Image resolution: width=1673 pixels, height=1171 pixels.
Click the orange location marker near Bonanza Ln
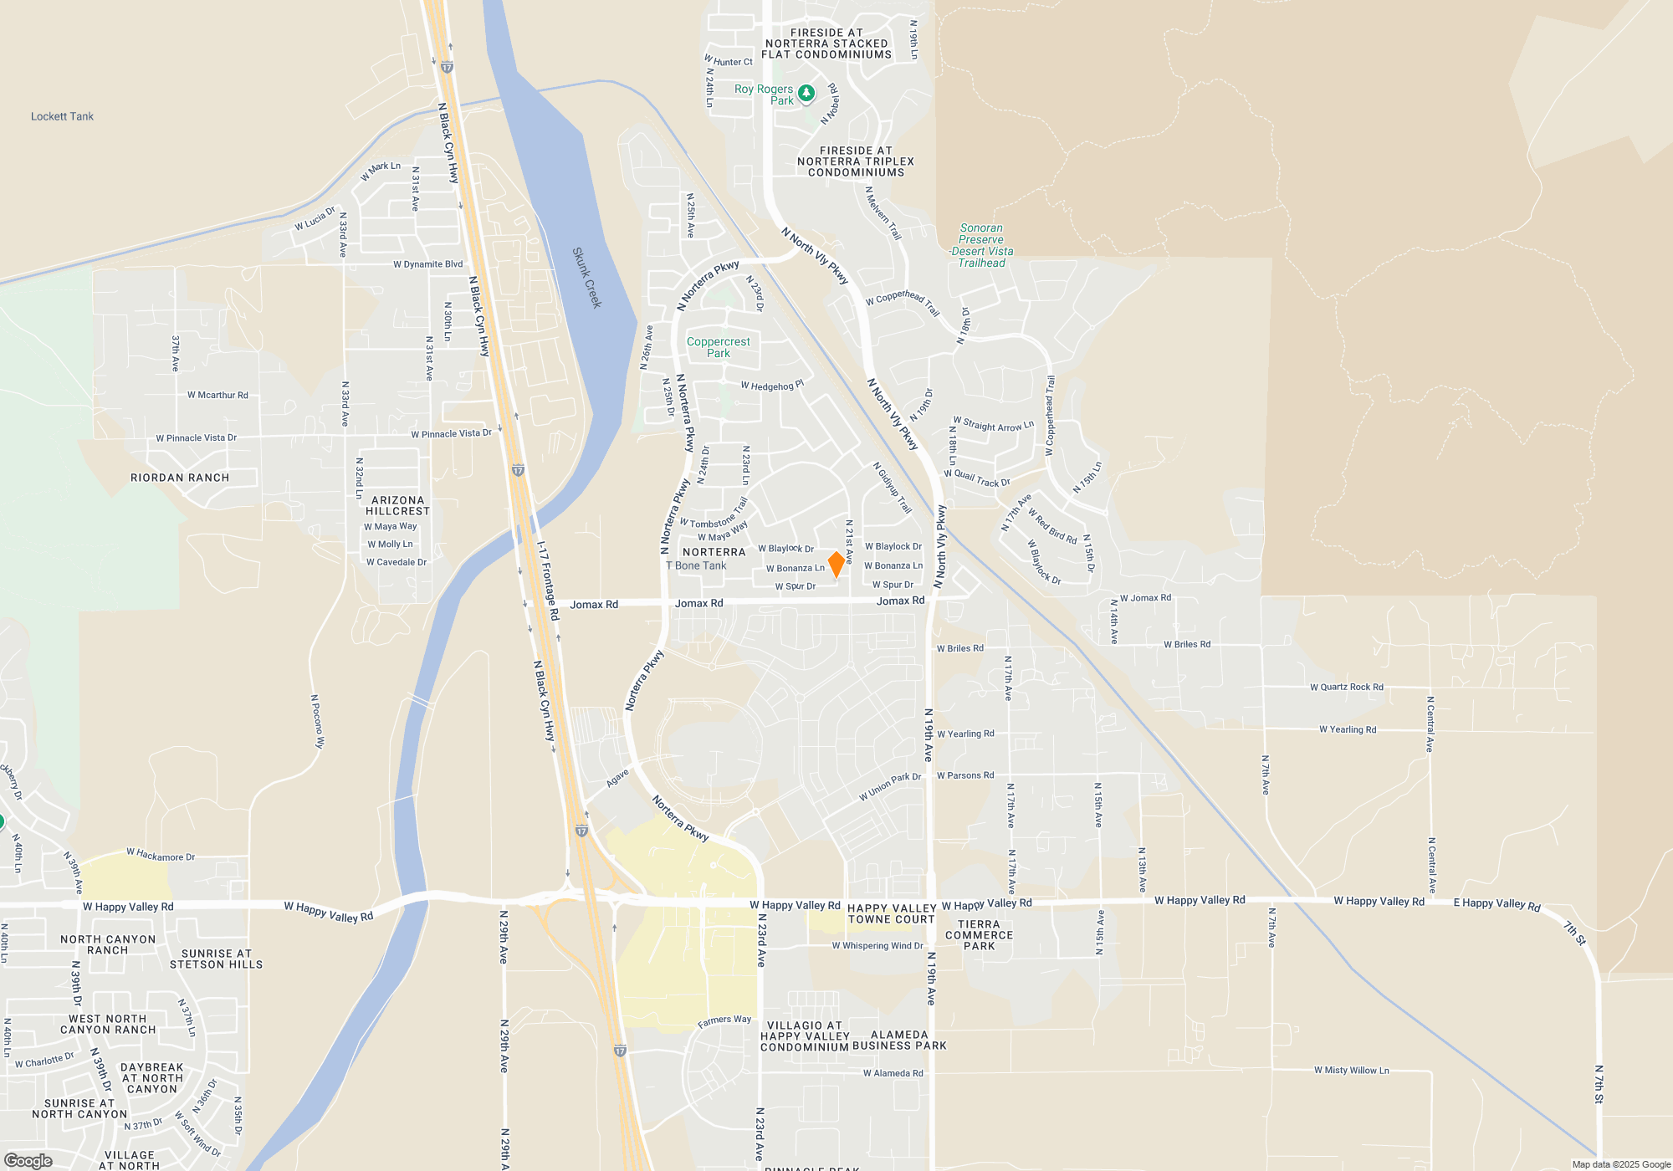836,564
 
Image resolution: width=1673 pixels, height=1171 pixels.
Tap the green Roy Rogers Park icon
806,93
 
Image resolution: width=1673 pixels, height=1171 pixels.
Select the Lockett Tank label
62,116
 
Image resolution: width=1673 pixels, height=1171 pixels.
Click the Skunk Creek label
587,277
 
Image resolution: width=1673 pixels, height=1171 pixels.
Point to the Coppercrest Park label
719,347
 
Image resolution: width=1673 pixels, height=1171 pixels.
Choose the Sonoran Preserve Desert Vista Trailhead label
981,245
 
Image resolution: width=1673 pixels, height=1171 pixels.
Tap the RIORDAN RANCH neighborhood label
180,478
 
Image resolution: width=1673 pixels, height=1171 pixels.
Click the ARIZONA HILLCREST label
397,505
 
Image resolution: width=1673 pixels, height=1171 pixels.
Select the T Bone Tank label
696,565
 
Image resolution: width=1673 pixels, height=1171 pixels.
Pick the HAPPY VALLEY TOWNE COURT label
892,913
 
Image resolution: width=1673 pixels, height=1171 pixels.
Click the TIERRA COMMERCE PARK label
979,935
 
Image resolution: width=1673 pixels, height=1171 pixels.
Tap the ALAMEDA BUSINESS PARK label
899,1041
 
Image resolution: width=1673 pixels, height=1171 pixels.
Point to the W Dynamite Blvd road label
427,264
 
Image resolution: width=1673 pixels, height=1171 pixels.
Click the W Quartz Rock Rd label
1346,688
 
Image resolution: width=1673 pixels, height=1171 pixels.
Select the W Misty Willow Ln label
1351,1071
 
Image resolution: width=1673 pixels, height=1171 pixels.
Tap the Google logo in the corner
28,1160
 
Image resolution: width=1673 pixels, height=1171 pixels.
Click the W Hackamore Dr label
161,856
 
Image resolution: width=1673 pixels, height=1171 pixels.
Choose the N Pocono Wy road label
317,721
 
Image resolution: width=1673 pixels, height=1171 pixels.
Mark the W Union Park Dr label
889,787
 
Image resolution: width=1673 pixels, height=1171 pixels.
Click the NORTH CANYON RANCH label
108,944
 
